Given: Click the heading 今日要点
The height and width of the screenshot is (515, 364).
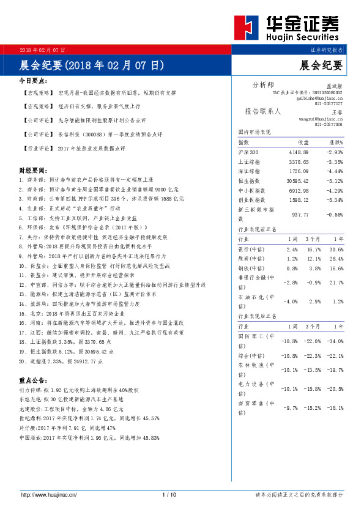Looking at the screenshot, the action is (x=34, y=80).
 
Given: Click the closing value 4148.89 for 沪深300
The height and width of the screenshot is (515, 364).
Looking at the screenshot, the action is (x=295, y=152).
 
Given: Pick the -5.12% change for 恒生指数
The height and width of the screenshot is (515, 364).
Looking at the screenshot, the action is (x=333, y=181).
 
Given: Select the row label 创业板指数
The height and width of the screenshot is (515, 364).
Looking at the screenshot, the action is (x=251, y=199).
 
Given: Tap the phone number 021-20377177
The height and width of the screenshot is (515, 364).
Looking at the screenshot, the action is (x=329, y=104).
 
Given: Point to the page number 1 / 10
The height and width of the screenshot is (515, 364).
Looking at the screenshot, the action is (x=169, y=494).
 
